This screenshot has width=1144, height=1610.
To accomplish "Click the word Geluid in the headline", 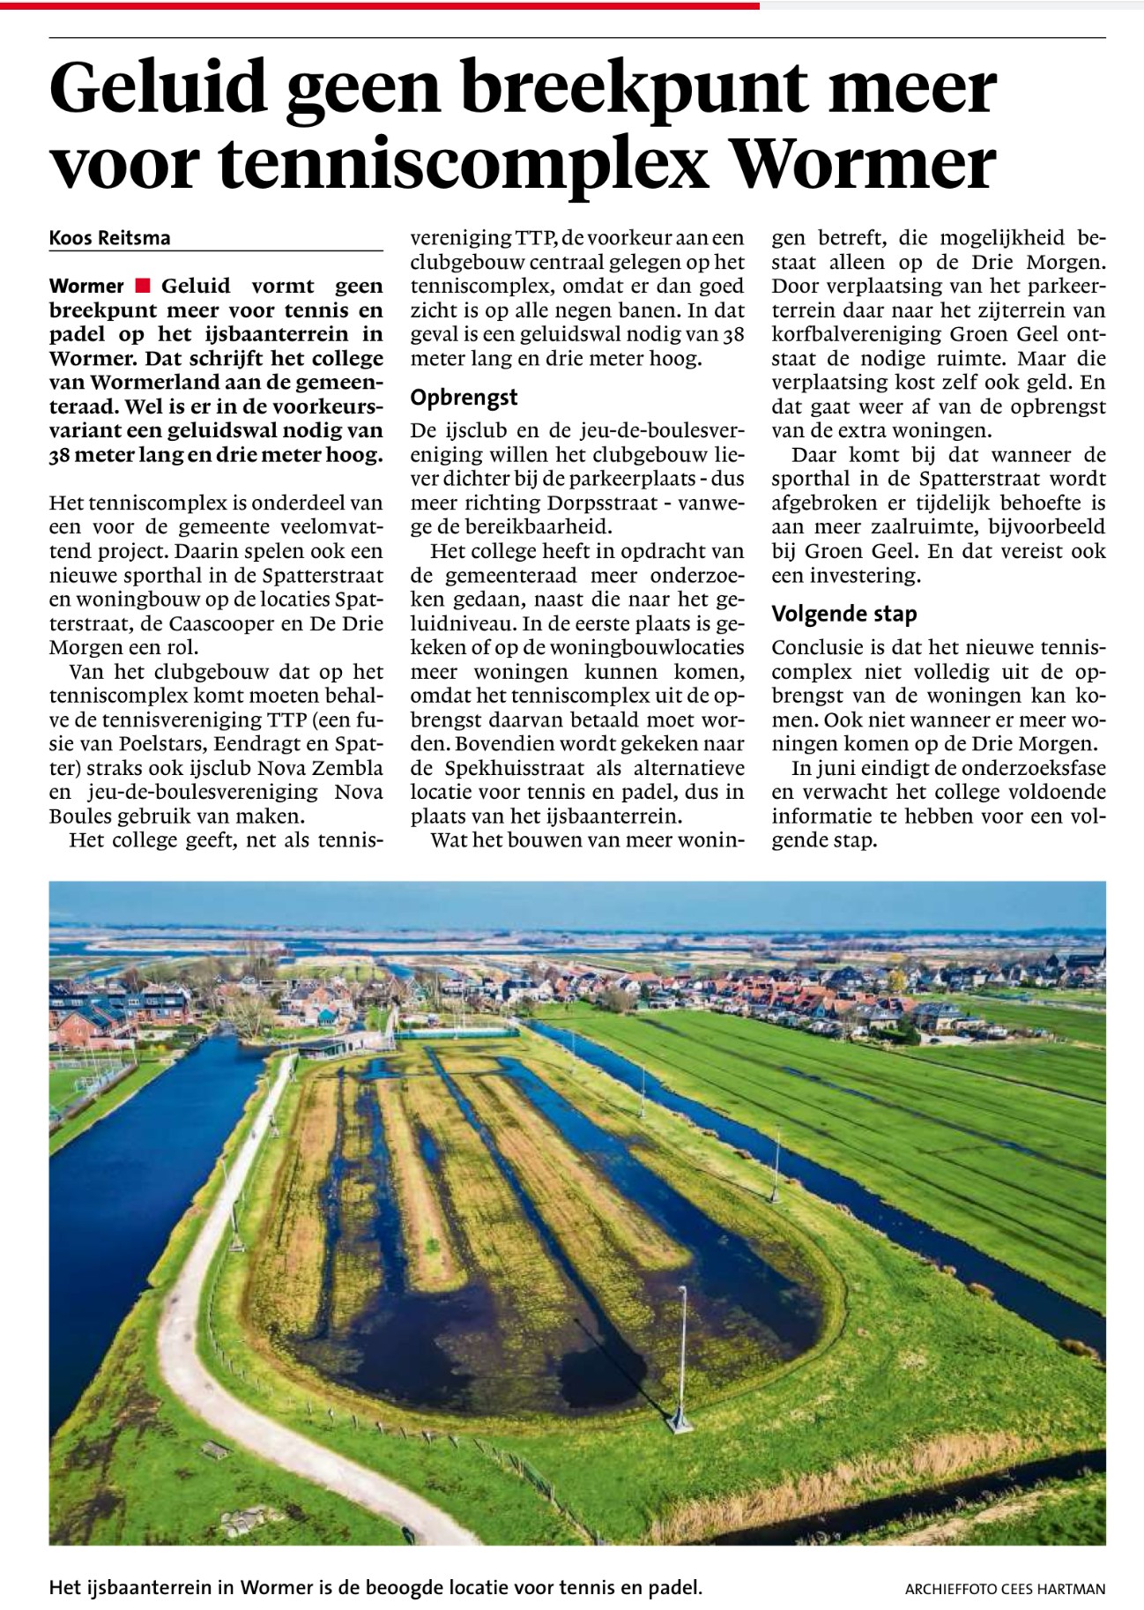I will tap(159, 88).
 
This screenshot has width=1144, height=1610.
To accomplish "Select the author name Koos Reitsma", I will tap(110, 238).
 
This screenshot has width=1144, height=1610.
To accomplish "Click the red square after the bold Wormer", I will tap(143, 286).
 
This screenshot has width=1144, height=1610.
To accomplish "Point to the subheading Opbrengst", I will tap(464, 398).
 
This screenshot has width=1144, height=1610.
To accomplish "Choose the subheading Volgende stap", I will tap(843, 614).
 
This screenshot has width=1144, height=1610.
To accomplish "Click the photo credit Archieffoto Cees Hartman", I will tap(1005, 1589).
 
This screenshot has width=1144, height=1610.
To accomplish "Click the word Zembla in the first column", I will tap(350, 767).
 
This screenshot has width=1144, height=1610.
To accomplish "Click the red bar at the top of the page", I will tap(379, 5).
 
